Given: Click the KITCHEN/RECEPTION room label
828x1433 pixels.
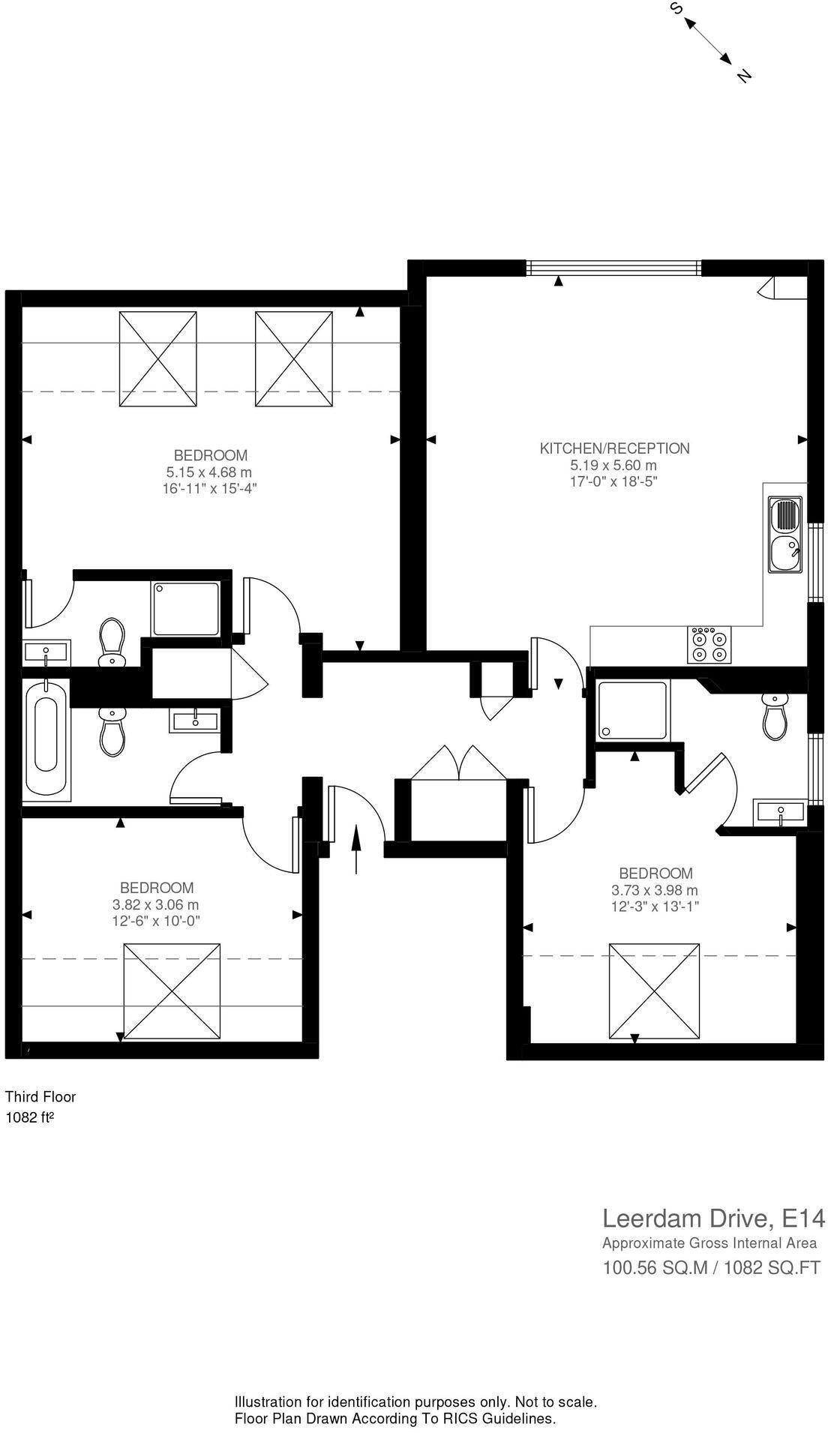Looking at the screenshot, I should pyautogui.click(x=614, y=448).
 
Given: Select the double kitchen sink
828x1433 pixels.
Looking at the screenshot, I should pyautogui.click(x=784, y=535).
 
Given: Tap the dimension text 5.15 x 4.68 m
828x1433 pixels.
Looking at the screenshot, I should pyautogui.click(x=209, y=472).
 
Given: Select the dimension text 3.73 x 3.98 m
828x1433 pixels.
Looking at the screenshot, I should pyautogui.click(x=654, y=890).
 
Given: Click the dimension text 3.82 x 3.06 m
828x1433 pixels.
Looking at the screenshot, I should pyautogui.click(x=156, y=904).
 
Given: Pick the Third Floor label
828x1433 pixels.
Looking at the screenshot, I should pyautogui.click(x=40, y=1096).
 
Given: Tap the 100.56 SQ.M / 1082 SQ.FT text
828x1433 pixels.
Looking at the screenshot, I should pyautogui.click(x=712, y=1268).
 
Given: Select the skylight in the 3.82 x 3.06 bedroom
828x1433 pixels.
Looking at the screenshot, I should pyautogui.click(x=172, y=991).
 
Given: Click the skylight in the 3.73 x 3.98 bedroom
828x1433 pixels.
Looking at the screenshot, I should pyautogui.click(x=654, y=991).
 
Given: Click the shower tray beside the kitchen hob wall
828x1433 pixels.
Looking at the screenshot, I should pyautogui.click(x=632, y=710).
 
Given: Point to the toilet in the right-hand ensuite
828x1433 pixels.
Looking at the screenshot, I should pyautogui.click(x=775, y=716).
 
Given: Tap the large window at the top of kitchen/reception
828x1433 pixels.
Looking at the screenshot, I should pyautogui.click(x=613, y=268).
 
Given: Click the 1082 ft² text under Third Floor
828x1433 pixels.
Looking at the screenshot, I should pyautogui.click(x=29, y=1117).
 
